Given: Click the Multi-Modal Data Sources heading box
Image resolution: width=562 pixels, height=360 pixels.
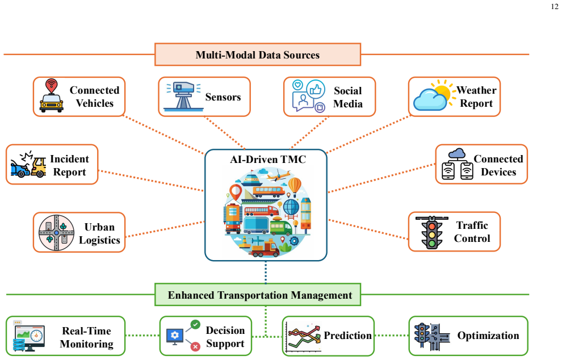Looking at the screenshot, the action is click(257, 55).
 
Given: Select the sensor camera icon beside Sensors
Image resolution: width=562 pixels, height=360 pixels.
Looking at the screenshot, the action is click(183, 96).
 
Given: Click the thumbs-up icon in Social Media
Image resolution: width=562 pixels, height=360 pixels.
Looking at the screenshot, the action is click(316, 89).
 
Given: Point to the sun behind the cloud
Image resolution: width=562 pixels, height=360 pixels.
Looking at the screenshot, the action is click(442, 91).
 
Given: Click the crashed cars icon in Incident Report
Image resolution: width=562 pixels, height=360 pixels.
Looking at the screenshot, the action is click(28, 164).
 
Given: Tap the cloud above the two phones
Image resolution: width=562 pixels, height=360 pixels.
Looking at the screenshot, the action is click(457, 154).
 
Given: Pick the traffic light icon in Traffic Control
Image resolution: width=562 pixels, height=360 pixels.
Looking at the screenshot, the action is click(432, 232).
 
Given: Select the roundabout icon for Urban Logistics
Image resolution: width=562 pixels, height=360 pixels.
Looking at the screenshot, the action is click(56, 233).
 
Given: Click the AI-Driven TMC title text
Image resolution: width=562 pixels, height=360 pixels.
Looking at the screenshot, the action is click(268, 159).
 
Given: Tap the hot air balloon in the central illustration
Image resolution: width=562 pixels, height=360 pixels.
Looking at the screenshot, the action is click(295, 186).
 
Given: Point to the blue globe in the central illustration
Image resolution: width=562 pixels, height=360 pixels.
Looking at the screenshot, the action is click(291, 207).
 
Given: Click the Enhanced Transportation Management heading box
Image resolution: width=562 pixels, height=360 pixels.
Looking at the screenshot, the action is click(257, 295).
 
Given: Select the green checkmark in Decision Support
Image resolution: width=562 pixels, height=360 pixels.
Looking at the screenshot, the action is click(195, 324).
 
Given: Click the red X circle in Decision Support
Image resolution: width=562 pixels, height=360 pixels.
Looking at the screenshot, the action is click(195, 347).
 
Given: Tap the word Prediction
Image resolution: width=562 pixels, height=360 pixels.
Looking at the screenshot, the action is click(347, 335).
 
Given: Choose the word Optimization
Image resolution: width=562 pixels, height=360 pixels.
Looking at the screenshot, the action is click(488, 335).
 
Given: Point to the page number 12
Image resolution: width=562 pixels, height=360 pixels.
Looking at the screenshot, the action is click(555, 6).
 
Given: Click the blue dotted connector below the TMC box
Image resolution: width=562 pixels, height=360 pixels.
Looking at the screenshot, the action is click(266, 272).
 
